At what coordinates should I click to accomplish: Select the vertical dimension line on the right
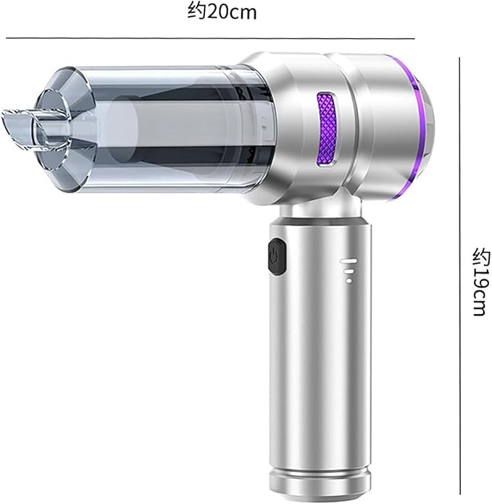pyautogui.click(x=461, y=275)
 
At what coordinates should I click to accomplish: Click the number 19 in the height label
pyautogui.click(x=479, y=277)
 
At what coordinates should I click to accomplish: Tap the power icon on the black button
pyautogui.click(x=274, y=257)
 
